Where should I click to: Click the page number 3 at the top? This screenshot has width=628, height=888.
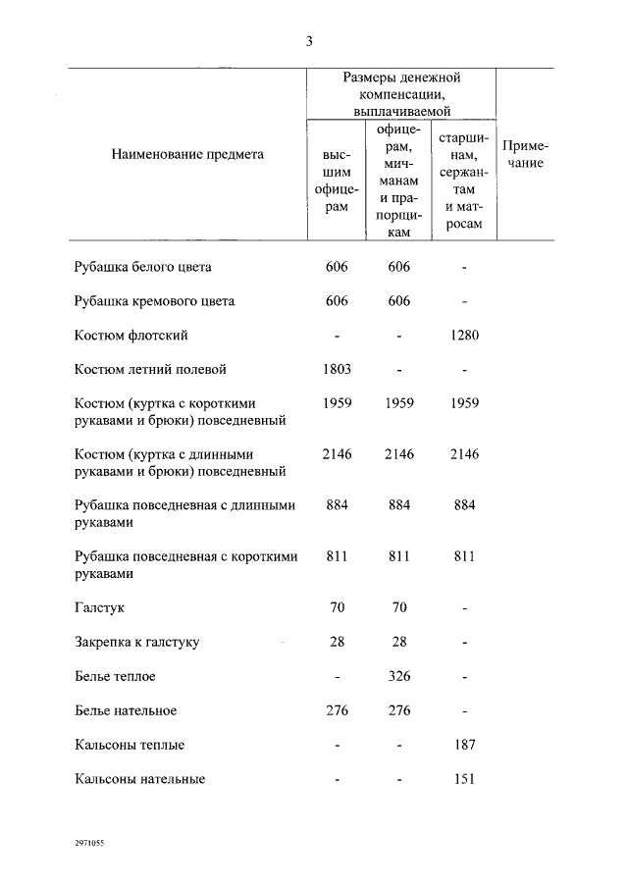point(309,41)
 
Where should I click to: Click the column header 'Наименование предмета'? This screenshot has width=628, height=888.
point(187,154)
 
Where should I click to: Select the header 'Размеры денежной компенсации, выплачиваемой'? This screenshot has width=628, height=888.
point(401,94)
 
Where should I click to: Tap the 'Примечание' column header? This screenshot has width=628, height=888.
point(524,154)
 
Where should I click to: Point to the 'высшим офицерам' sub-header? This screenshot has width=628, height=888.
point(337,181)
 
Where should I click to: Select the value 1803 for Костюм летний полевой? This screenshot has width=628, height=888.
point(337,370)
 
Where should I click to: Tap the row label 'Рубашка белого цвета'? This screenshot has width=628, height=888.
point(142,267)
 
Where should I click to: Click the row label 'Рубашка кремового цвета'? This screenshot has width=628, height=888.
point(154,301)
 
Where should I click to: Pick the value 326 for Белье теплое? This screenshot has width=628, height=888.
point(398,676)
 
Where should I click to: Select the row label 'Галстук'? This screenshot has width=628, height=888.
point(99,608)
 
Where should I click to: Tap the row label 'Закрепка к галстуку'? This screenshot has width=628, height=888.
point(137,643)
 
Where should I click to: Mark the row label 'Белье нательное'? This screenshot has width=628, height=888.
point(126,710)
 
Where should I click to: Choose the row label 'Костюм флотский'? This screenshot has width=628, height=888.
point(131,336)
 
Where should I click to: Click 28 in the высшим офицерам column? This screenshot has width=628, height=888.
point(337,643)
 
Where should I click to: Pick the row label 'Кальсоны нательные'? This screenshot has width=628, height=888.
point(139,779)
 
